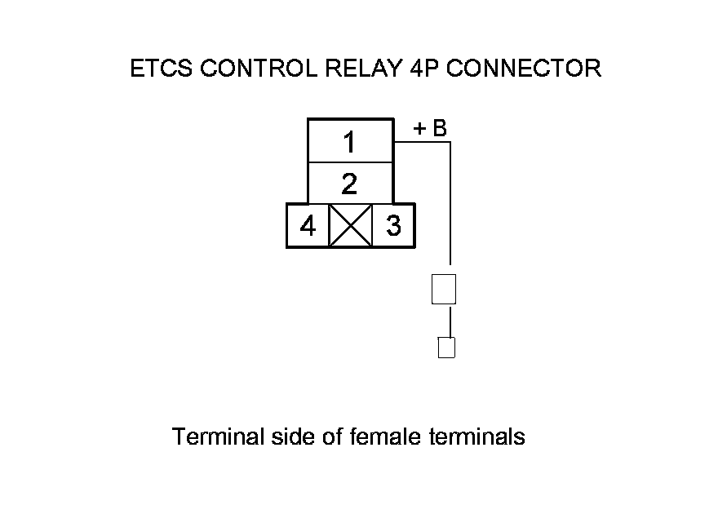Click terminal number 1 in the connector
click(349, 143)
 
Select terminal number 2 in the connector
click(349, 184)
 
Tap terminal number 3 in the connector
click(393, 226)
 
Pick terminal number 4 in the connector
click(308, 226)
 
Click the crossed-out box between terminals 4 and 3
click(350, 226)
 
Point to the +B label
click(430, 129)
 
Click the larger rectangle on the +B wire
click(443, 290)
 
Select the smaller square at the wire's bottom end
click(446, 348)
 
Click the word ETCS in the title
click(162, 69)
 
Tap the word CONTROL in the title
click(250, 69)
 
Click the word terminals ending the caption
click(476, 437)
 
